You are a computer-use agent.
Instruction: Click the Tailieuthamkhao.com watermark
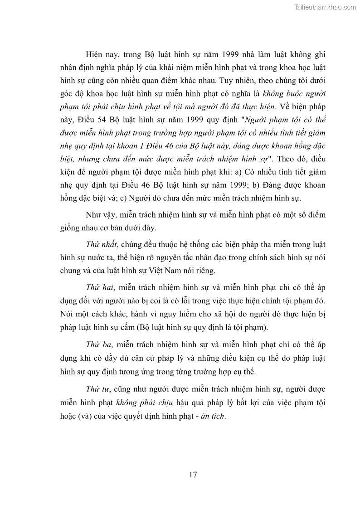point(325,7)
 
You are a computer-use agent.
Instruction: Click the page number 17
point(193,475)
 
